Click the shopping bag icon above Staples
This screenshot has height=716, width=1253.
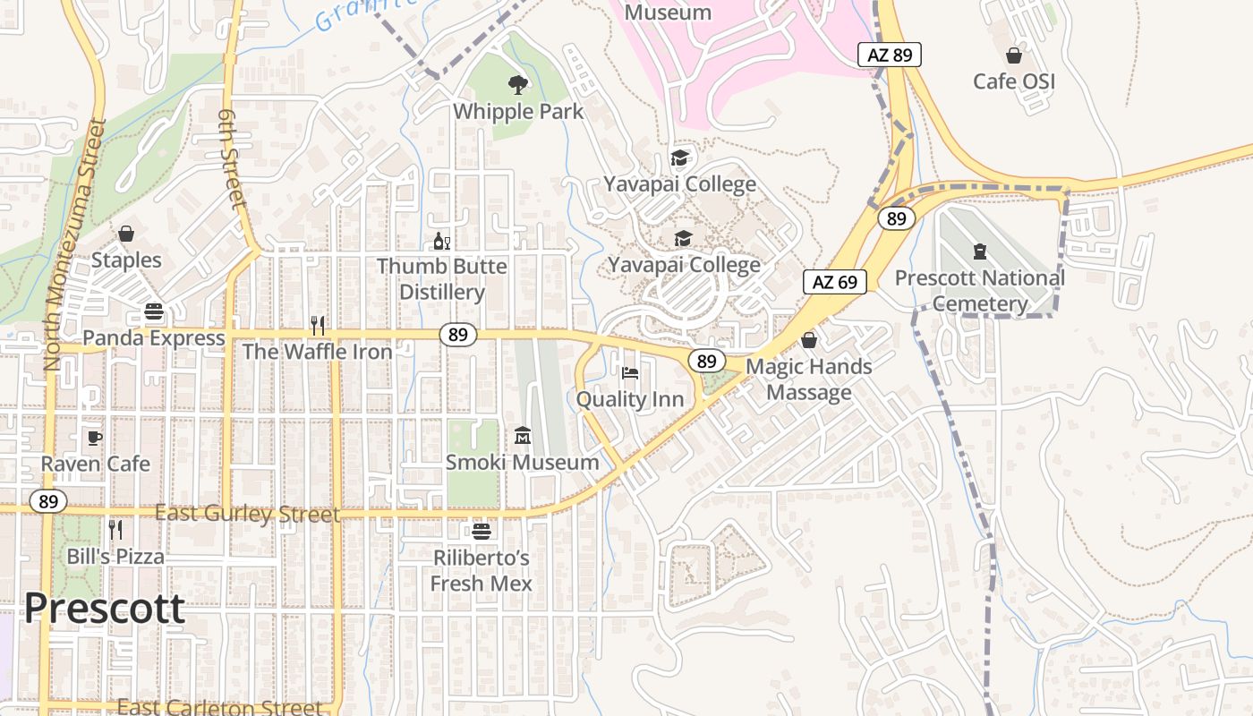(126, 234)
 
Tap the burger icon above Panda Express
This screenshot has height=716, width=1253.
(154, 312)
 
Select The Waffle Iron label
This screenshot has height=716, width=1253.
(318, 352)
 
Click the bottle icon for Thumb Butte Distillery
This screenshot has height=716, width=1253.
(441, 241)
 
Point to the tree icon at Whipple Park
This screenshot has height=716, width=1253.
(517, 85)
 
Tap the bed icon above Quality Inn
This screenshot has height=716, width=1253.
(630, 373)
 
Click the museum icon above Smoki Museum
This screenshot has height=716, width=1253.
(523, 436)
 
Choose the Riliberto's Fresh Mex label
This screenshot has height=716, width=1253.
(482, 571)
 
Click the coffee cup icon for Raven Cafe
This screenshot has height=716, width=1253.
(95, 438)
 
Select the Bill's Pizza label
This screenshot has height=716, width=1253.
(116, 557)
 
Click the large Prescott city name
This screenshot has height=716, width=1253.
(105, 609)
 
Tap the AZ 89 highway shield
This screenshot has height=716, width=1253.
(890, 55)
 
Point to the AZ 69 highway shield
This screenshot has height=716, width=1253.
(835, 282)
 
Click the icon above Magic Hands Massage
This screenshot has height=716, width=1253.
(809, 340)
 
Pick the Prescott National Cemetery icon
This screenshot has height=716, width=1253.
(979, 251)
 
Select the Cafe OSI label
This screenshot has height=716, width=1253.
(1014, 81)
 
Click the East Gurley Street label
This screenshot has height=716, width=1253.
(248, 514)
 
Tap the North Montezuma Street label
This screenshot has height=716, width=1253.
(72, 244)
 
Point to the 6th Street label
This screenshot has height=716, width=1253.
(232, 160)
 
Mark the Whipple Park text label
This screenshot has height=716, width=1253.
(518, 112)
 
